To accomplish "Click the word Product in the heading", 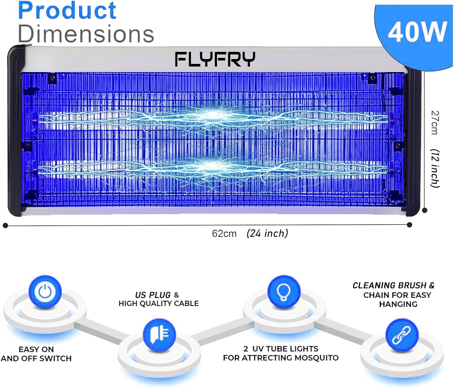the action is [67, 11].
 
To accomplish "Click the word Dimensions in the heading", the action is [86, 34].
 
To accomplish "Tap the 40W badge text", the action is [418, 32].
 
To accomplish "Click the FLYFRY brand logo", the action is [215, 59].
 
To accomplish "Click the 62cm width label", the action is [224, 234].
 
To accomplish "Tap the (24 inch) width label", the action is [267, 233].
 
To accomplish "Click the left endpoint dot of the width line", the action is [6, 225].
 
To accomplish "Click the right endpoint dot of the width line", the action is [410, 225].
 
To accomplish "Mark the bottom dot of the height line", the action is [425, 210].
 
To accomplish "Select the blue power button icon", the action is [45, 292].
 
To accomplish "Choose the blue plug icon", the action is [159, 335].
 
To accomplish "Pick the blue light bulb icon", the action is [284, 292].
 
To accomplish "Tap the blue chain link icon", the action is [402, 335].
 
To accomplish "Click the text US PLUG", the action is [153, 295].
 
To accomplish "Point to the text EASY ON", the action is [36, 349].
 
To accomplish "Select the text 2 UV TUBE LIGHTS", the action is [281, 349].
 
